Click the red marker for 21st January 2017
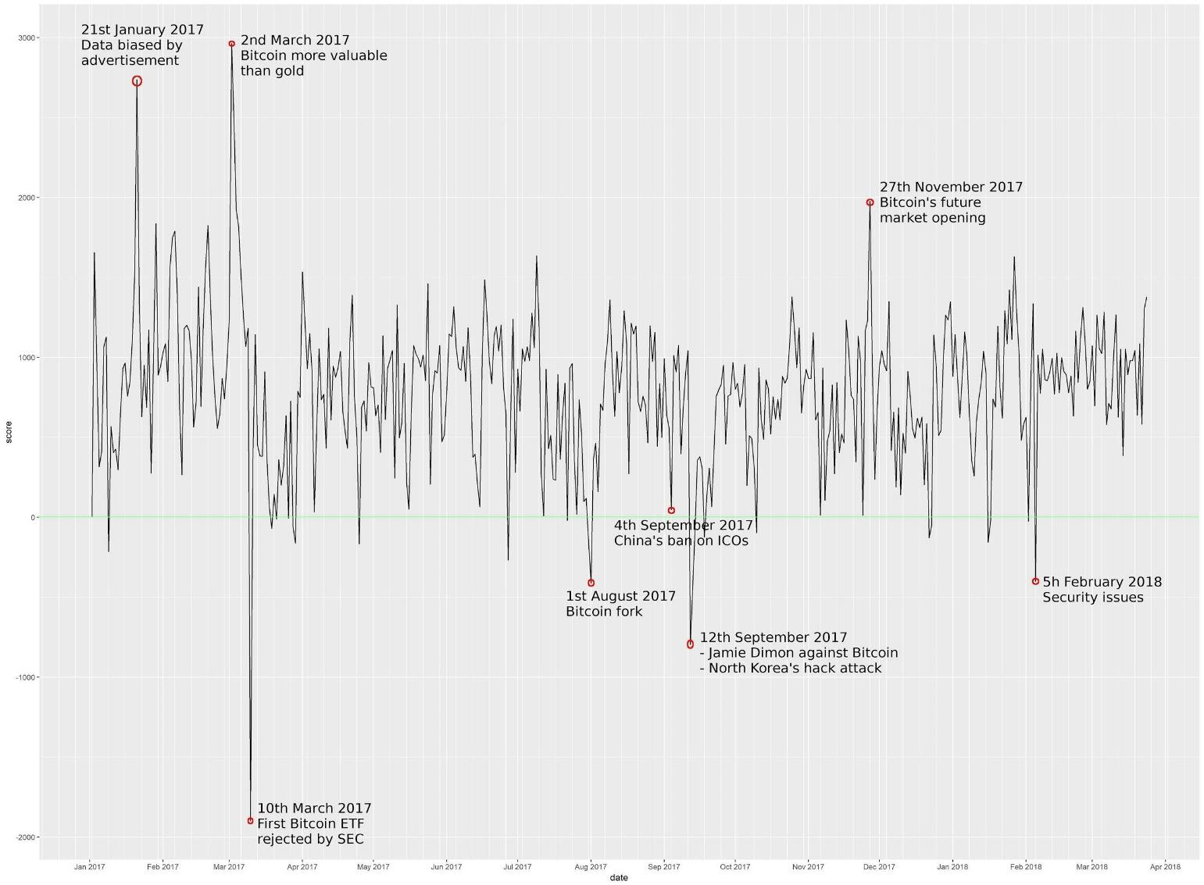click(x=137, y=81)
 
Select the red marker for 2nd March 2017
click(x=232, y=44)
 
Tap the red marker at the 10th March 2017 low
click(x=251, y=820)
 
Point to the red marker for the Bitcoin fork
click(x=591, y=583)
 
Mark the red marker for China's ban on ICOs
click(x=671, y=510)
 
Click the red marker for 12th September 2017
click(x=690, y=644)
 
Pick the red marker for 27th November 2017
click(x=870, y=202)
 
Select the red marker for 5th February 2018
click(x=1035, y=581)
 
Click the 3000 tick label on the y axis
click(x=27, y=38)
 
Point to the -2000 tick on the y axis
click(x=25, y=837)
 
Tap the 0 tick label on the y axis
click(x=34, y=517)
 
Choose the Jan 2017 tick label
click(x=90, y=866)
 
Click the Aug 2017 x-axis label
click(x=591, y=866)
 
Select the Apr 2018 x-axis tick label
click(x=1166, y=866)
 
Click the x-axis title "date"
click(x=619, y=878)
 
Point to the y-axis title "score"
click(x=9, y=432)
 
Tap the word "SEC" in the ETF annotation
click(x=350, y=839)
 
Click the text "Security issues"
click(x=1092, y=598)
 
